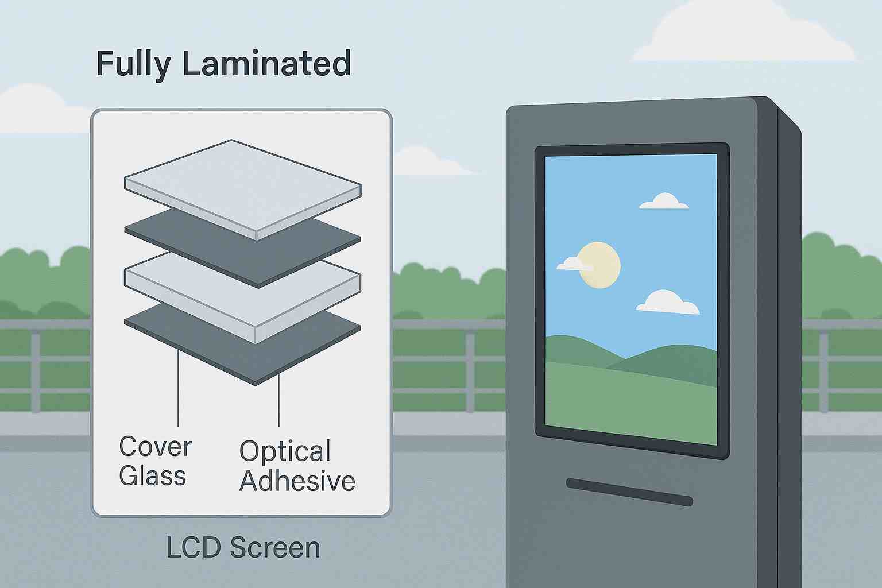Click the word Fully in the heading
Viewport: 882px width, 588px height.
point(133,64)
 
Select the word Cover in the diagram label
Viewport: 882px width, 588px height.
point(155,447)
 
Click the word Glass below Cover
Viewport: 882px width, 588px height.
point(152,476)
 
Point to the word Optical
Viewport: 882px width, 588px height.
point(285,452)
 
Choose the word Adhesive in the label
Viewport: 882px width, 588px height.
point(297,481)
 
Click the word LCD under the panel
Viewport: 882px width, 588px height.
point(194,548)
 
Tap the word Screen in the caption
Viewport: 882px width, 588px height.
point(275,548)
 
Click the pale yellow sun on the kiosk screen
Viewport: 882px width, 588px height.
point(601,264)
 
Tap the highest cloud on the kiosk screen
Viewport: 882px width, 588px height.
point(664,202)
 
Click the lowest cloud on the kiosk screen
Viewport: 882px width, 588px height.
point(667,303)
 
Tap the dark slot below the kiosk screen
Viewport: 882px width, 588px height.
point(629,492)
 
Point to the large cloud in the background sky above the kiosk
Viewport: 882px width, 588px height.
point(746,34)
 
